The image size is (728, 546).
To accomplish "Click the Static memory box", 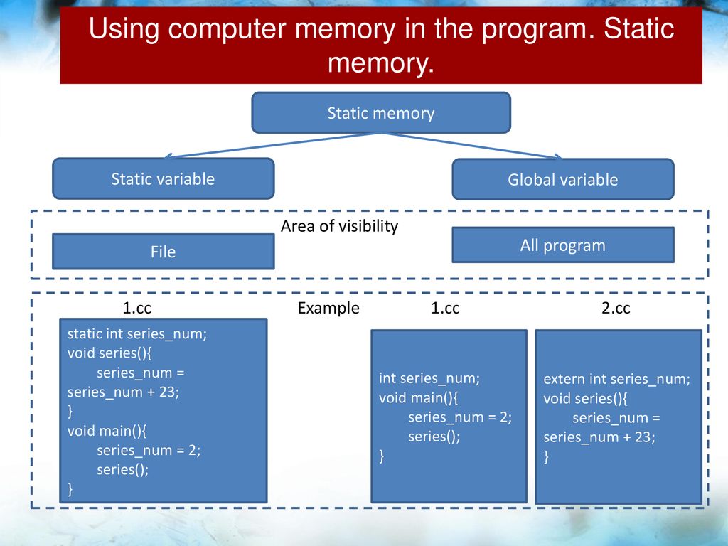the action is point(381,113).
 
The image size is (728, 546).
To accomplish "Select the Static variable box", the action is point(164,178).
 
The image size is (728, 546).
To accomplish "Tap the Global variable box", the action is point(563,179).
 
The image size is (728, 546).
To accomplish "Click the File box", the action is point(164,252).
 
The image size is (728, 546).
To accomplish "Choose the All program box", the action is point(563,245).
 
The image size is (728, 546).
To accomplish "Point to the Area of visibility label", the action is point(339,226).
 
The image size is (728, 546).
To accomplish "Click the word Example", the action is point(328,308).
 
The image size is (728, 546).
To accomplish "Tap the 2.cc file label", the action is point(616,308).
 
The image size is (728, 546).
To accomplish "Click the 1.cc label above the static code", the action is point(137,308).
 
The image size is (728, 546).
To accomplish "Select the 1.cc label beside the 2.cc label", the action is point(445,308).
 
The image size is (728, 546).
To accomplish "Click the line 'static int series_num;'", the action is point(137,334).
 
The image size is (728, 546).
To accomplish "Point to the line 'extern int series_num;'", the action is point(616,379).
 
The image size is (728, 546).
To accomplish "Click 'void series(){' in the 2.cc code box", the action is point(586,398).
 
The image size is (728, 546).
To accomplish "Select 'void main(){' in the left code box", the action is point(107,431).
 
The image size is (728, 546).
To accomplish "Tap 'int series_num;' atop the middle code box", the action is point(429,378).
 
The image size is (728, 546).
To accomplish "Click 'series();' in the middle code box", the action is point(434,437).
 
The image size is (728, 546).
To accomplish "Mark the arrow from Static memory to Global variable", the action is point(472,146).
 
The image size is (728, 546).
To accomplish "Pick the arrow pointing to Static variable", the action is point(272,145).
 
